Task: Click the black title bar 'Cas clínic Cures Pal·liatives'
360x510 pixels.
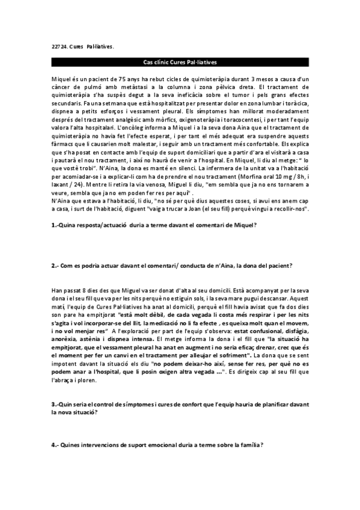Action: click(180, 63)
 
